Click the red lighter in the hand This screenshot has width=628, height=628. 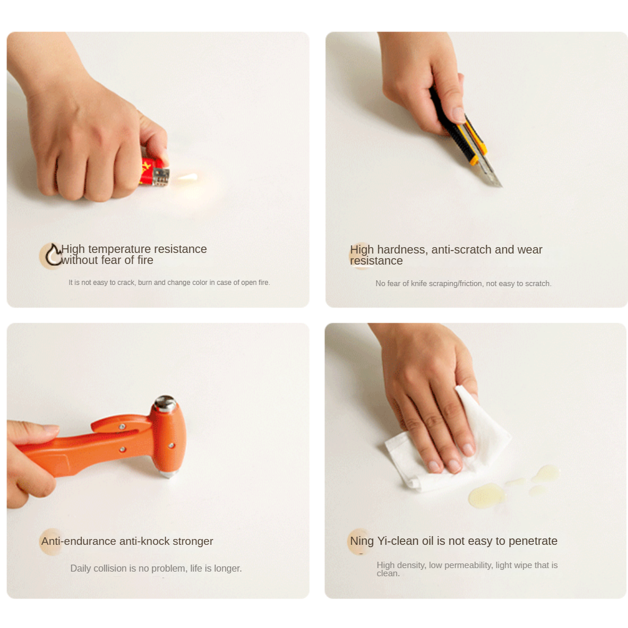[x=154, y=172]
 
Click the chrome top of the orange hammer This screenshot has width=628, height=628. [x=165, y=403]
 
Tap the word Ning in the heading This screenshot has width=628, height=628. [x=362, y=541]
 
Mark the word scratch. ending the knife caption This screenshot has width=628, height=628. [x=538, y=284]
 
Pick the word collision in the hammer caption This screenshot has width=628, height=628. [x=110, y=568]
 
